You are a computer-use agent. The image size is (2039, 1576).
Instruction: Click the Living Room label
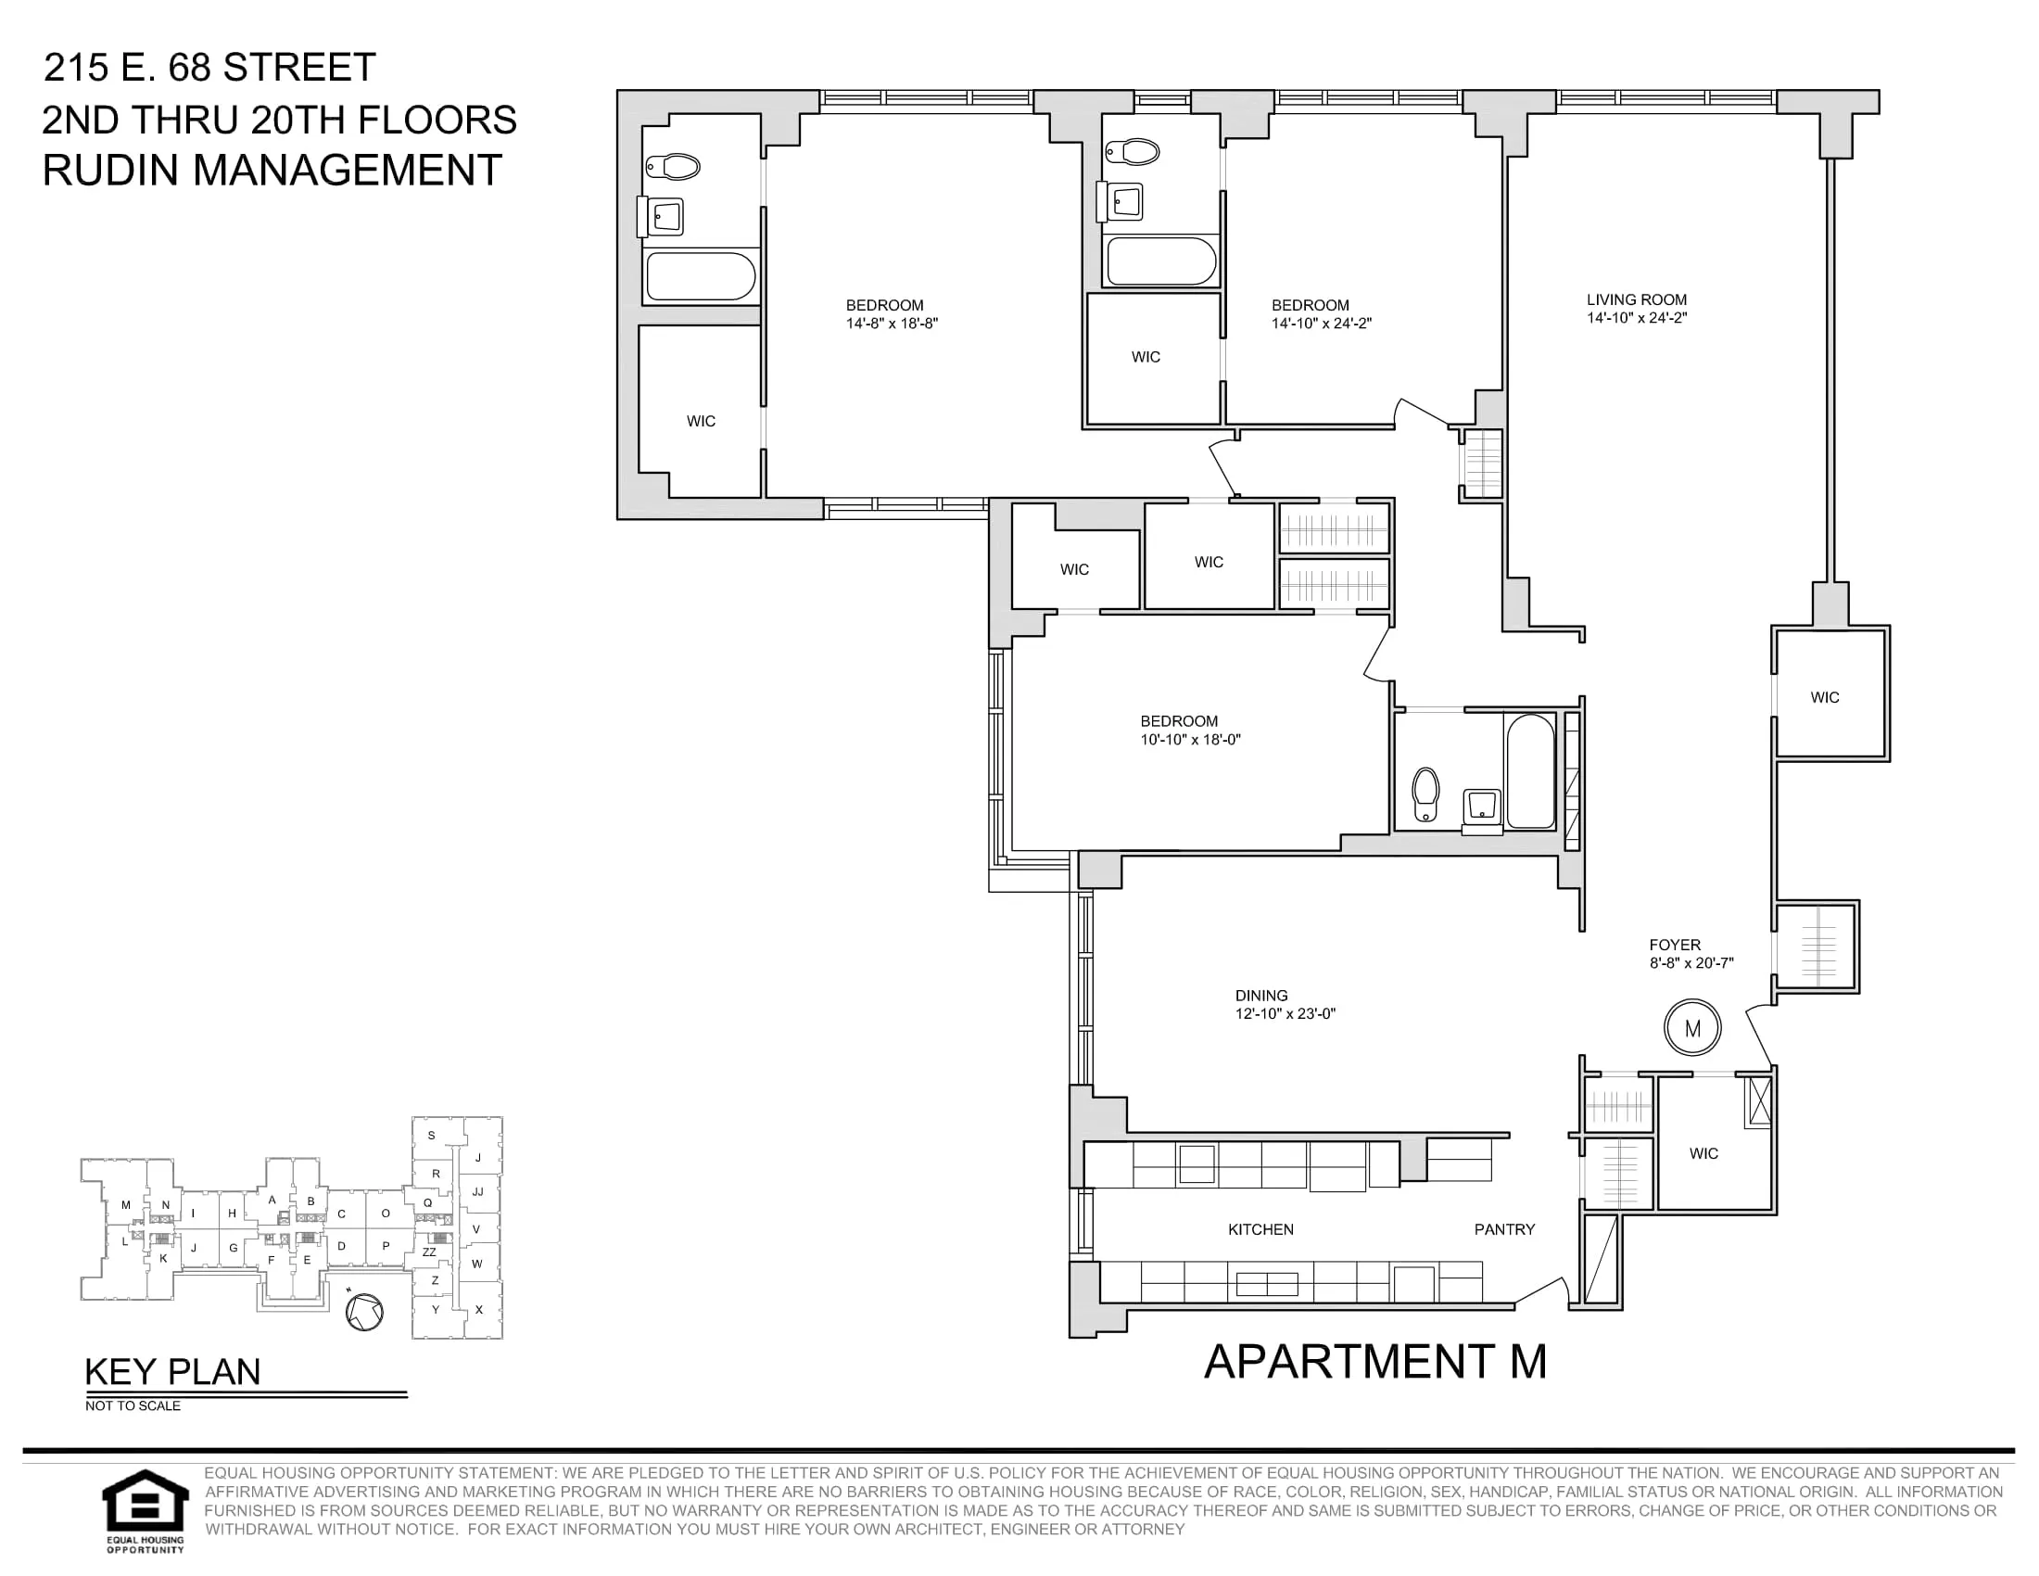(1637, 299)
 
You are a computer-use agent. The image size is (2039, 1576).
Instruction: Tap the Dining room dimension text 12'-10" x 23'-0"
(1285, 1014)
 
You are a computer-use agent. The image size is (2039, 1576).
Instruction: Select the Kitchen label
(1260, 1229)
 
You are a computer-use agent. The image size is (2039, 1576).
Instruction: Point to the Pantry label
(1504, 1229)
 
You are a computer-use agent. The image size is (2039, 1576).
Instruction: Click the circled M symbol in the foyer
(1692, 1029)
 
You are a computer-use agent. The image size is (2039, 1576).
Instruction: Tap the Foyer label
(1675, 945)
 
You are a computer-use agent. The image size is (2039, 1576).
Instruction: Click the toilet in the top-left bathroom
(673, 167)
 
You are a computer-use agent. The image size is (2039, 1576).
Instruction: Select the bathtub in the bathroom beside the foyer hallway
(1530, 771)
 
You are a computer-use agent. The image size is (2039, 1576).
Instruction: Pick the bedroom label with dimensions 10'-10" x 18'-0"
(1179, 721)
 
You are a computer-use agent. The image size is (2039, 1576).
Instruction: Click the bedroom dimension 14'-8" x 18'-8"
(892, 324)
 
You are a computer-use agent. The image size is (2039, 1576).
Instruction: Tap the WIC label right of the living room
(1824, 697)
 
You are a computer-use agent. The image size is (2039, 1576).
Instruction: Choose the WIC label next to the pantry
(1703, 1154)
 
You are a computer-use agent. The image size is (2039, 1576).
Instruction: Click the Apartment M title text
(1375, 1362)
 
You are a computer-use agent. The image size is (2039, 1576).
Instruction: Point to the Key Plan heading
(172, 1371)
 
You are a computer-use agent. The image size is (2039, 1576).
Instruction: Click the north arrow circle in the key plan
(364, 1312)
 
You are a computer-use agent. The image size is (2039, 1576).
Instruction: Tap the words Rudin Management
(272, 170)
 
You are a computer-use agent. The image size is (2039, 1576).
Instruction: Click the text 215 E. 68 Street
(210, 68)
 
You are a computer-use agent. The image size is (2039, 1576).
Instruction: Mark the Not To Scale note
(133, 1406)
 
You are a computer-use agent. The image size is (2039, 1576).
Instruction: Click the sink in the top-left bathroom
(664, 218)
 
